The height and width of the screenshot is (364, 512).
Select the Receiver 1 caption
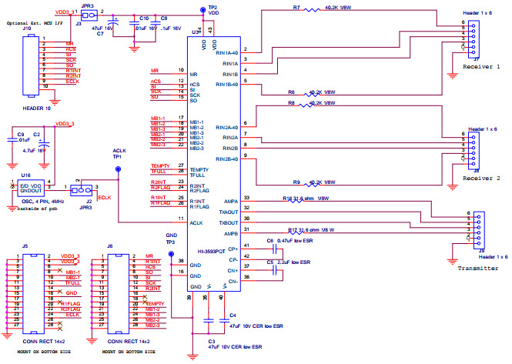click(483, 67)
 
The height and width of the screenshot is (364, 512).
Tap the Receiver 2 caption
click(483, 177)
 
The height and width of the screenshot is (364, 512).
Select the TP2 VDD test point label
click(212, 10)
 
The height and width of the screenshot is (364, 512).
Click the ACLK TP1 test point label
click(118, 155)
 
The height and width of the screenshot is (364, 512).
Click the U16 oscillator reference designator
click(25, 175)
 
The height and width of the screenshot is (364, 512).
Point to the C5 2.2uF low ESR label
click(292, 262)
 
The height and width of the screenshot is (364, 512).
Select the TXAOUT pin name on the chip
click(228, 210)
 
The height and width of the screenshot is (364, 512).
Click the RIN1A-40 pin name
click(226, 52)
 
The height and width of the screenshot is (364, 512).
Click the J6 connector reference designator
click(109, 245)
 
